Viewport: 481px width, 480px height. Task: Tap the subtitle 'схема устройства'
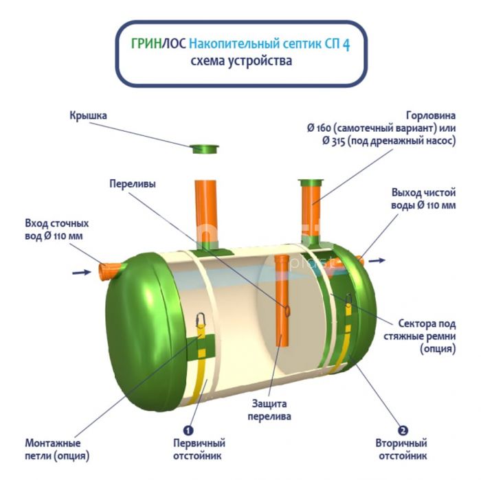pyautogui.click(x=241, y=61)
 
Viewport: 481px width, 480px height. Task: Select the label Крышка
pyautogui.click(x=88, y=116)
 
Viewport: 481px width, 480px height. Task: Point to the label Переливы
pyautogui.click(x=133, y=184)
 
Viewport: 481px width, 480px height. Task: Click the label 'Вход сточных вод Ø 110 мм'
pyautogui.click(x=57, y=230)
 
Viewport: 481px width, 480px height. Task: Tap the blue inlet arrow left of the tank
pyautogui.click(x=81, y=273)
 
